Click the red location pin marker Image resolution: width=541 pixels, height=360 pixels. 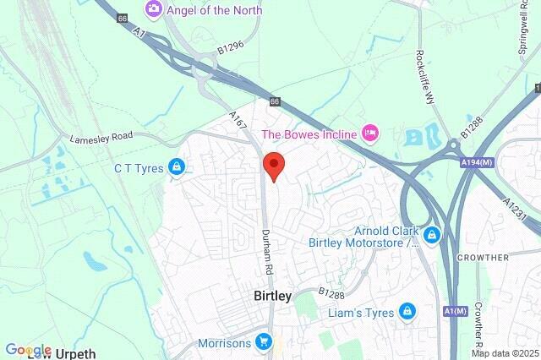pyautogui.click(x=274, y=165)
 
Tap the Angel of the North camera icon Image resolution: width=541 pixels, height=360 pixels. pyautogui.click(x=154, y=9)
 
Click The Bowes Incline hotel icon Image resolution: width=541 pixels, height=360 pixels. pyautogui.click(x=369, y=134)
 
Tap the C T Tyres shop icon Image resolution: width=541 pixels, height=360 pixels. pyautogui.click(x=176, y=167)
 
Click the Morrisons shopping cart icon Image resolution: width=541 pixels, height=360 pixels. pyautogui.click(x=264, y=343)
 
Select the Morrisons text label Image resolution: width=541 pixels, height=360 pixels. pyautogui.click(x=223, y=344)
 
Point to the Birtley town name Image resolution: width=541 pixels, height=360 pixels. pyautogui.click(x=273, y=296)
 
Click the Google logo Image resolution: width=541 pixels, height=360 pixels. pyautogui.click(x=28, y=350)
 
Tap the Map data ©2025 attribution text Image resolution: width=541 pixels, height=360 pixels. pyautogui.click(x=505, y=353)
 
